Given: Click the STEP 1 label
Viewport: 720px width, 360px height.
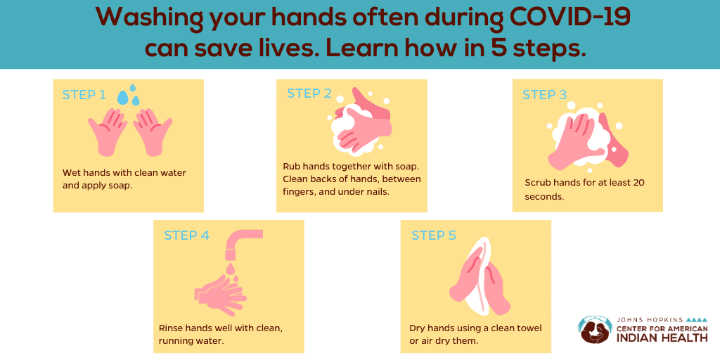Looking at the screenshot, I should click(84, 95).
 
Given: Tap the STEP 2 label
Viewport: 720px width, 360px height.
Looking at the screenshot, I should click(309, 94).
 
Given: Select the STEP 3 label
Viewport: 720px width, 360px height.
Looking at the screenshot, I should click(544, 95).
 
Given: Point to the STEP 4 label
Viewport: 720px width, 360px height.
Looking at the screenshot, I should click(186, 236).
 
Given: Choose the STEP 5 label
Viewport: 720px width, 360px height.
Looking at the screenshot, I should click(434, 236).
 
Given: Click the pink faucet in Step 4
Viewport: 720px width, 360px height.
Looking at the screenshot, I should click(239, 243).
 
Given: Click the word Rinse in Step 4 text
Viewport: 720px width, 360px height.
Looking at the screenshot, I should click(171, 328).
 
